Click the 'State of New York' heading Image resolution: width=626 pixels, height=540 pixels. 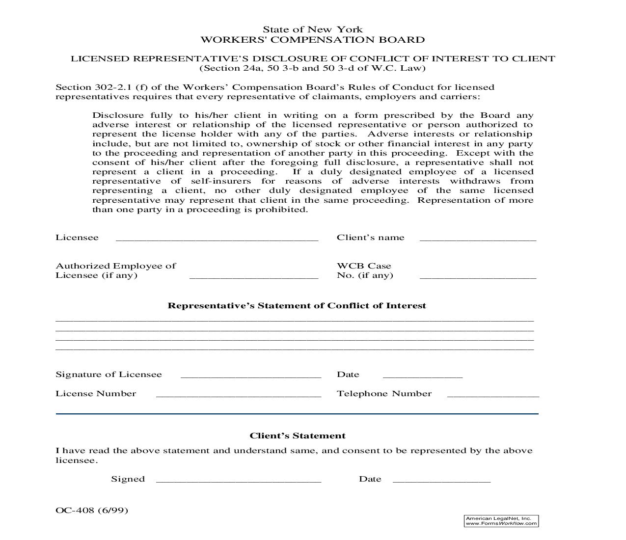(x=312, y=29)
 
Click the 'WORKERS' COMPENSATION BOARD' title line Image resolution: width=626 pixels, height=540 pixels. (x=312, y=40)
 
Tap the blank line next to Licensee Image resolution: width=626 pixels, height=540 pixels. (x=217, y=239)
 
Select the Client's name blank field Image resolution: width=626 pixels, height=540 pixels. (x=478, y=239)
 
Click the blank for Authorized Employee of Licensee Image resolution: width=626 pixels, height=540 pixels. (x=253, y=276)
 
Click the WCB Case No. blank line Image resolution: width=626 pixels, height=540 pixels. (x=478, y=276)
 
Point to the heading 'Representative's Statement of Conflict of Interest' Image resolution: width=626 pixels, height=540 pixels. (x=297, y=305)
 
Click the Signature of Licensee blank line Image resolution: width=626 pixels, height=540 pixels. (x=250, y=376)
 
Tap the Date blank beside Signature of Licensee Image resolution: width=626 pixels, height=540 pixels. (x=422, y=376)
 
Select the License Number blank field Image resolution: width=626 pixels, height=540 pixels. (x=238, y=395)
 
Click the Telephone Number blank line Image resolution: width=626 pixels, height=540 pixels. (x=493, y=395)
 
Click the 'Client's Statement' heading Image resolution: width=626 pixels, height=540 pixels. (x=297, y=436)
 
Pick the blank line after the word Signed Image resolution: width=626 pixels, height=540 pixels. (x=238, y=480)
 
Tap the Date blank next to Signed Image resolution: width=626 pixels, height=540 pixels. (x=441, y=480)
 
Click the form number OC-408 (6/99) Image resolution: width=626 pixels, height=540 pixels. (x=92, y=510)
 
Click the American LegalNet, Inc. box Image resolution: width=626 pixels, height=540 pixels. (x=501, y=521)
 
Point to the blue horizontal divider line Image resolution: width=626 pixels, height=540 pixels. (x=297, y=414)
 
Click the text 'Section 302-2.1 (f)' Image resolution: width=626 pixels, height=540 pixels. (x=102, y=87)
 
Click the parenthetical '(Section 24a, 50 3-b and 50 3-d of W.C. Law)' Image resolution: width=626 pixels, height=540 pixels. (x=312, y=68)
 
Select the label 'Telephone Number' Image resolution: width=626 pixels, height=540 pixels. (x=384, y=394)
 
